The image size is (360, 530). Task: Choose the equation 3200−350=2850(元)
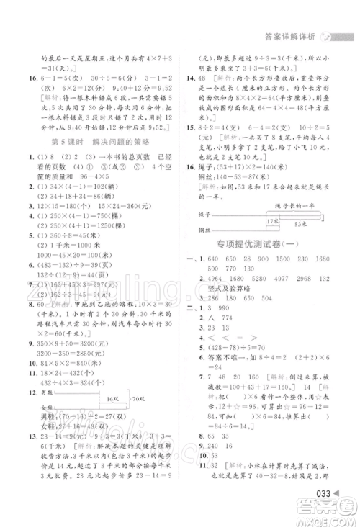click(68, 354)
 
